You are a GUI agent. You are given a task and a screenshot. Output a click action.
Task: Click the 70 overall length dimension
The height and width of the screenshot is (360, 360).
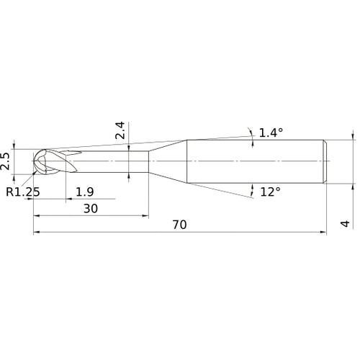coord(179,225)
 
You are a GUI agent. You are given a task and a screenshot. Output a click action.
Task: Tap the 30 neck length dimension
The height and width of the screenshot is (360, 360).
coord(90,208)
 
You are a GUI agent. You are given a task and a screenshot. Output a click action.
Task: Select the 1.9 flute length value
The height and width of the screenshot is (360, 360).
coord(84,192)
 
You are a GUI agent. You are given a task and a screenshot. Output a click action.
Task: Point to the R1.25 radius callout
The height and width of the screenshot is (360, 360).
coord(22,192)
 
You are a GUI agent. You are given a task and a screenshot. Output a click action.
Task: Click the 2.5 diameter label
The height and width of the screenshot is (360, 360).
coord(6,160)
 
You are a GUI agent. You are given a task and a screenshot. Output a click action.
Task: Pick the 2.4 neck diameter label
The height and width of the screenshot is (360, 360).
coord(120,130)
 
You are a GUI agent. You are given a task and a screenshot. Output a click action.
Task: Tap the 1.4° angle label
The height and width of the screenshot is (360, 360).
coord(271,132)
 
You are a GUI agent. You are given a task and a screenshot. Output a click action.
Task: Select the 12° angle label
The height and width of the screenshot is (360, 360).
coord(270,192)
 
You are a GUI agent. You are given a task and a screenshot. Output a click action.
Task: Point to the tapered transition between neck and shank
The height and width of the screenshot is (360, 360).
coord(168,160)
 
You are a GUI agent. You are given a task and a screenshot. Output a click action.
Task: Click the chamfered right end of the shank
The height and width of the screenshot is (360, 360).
coord(325,160)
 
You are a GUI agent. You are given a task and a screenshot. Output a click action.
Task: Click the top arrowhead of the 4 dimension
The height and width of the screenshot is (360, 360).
coord(353,136)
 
